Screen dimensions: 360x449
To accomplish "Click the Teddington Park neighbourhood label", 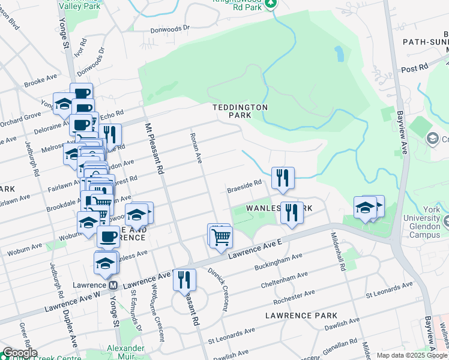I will [240, 110].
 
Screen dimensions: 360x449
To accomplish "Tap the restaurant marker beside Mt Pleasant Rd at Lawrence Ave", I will [184, 280].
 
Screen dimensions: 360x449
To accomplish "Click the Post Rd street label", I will [414, 68].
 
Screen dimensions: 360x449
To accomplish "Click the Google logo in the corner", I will [20, 353].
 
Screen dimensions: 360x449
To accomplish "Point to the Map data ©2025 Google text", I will [411, 355].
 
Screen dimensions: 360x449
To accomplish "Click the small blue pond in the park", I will [340, 53].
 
